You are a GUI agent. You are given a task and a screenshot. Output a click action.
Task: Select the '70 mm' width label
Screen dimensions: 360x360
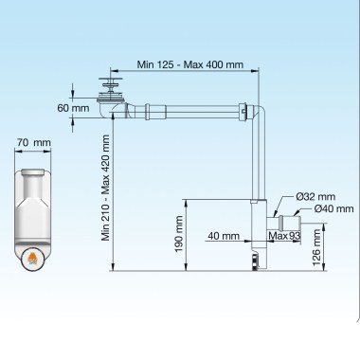(34, 143)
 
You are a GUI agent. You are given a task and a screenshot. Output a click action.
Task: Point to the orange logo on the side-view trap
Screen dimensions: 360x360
(33, 257)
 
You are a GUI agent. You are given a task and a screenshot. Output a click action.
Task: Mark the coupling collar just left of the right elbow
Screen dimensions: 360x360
(245, 111)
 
